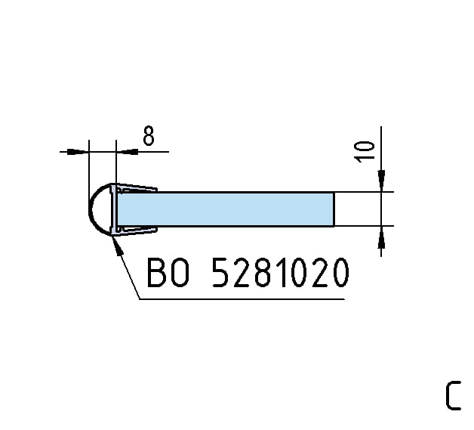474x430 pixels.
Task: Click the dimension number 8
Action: point(149,136)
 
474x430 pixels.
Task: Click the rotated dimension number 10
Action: point(365,152)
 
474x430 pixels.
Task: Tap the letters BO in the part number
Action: point(168,272)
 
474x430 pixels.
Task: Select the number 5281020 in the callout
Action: point(280,272)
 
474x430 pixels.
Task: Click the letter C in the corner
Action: point(453,395)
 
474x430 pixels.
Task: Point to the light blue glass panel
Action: point(226,209)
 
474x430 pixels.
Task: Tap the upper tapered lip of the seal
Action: point(137,187)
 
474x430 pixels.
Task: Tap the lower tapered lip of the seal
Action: point(137,230)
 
